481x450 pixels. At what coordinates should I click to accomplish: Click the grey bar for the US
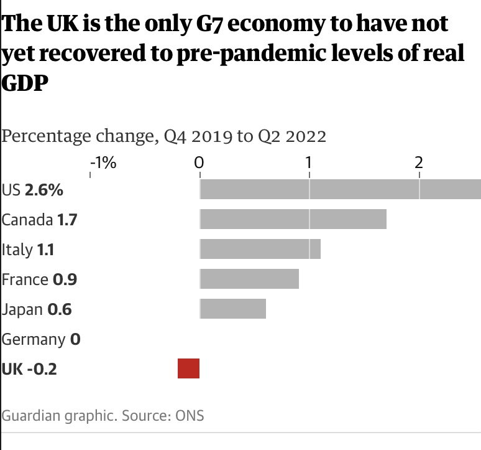340,190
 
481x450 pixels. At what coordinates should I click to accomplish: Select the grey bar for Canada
293,220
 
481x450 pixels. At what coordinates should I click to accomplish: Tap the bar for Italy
260,249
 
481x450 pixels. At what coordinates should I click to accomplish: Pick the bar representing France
249,279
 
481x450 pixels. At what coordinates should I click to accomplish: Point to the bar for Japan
232,309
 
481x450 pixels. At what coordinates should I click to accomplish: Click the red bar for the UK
188,368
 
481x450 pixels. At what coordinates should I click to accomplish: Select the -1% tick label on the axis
103,163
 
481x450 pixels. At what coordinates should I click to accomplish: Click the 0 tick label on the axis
199,163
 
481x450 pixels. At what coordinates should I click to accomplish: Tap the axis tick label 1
308,163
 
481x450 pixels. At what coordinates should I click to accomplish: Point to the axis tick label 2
419,163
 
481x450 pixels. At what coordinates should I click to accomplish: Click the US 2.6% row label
32,190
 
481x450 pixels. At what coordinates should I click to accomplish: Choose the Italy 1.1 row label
28,250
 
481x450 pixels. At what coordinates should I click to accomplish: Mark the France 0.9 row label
39,279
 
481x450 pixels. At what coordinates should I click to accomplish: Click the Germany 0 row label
41,339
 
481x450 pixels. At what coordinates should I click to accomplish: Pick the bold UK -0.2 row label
29,369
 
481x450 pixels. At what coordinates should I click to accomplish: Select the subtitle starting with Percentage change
164,136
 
